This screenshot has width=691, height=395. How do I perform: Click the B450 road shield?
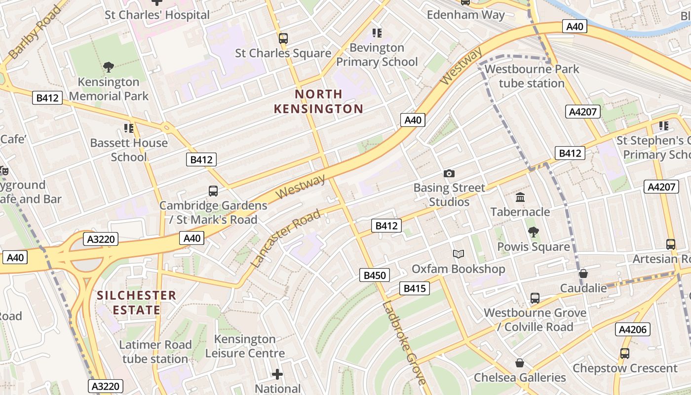(375, 276)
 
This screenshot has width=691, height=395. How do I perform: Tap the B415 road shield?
(414, 288)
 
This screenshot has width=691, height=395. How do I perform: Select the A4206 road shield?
(633, 329)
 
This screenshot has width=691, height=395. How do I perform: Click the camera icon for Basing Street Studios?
(449, 173)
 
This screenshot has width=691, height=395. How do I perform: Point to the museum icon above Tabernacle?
(520, 197)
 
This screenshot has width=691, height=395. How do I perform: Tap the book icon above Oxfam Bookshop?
(459, 254)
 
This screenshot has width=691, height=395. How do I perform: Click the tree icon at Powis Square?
(533, 232)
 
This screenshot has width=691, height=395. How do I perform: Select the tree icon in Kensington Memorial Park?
(109, 67)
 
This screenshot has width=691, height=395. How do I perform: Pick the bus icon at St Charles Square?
(283, 38)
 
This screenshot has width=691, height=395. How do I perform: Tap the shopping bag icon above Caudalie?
(583, 273)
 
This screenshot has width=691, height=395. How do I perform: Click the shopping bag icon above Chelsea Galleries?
(519, 363)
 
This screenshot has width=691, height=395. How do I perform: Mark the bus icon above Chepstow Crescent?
(624, 354)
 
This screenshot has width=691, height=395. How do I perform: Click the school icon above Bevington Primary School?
(377, 33)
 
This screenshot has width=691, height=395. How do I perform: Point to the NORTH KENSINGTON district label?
(318, 101)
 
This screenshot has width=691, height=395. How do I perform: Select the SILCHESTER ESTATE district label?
(136, 303)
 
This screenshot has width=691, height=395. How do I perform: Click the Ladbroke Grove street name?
(404, 342)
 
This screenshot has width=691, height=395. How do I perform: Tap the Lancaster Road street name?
(286, 238)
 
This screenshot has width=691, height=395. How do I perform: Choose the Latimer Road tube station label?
(155, 352)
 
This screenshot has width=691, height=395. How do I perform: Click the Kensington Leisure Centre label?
(245, 346)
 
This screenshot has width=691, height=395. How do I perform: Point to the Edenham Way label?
(465, 15)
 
